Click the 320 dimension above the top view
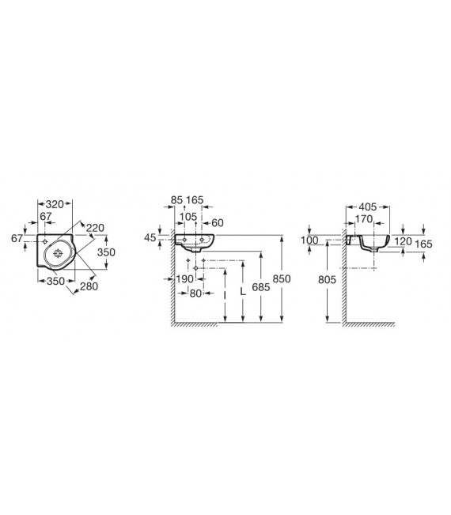55,204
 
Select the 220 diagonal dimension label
95,228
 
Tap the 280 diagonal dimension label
89,286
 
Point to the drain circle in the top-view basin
58,253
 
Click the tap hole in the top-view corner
45,242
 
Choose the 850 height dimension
282,278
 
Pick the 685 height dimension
261,287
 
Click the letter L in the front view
243,291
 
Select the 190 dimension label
184,279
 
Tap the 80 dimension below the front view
195,293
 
